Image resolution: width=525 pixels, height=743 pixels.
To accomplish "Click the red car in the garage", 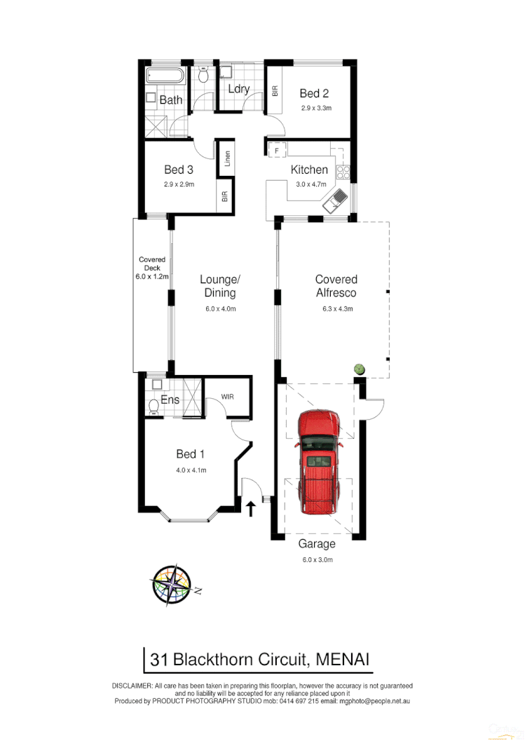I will coord(320,463).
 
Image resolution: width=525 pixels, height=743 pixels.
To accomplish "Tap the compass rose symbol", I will coord(172,584).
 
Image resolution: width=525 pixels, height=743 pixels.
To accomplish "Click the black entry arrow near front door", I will coord(251,507).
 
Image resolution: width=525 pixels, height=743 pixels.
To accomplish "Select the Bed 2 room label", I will coord(314,93).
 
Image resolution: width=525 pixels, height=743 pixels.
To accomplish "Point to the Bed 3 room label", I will coord(179,170).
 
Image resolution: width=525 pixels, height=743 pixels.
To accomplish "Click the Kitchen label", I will coord(309,170).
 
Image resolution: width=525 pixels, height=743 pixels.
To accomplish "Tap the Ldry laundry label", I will coord(239,89).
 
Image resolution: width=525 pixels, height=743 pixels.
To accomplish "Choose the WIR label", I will coord(227,397).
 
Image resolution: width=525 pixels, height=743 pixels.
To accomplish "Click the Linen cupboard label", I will coord(227,159).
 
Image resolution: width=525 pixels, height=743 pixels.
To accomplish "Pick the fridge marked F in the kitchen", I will coord(278,150).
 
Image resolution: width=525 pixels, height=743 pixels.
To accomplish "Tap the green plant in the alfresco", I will coord(360,368).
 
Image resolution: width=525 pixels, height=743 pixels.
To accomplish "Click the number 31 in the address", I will coord(158,659).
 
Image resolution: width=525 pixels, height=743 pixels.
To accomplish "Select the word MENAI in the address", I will coord(343,659).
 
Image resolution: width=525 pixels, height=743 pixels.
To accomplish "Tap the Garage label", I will coord(317,544).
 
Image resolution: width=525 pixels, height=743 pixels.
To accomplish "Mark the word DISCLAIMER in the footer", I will coord(132,685).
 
